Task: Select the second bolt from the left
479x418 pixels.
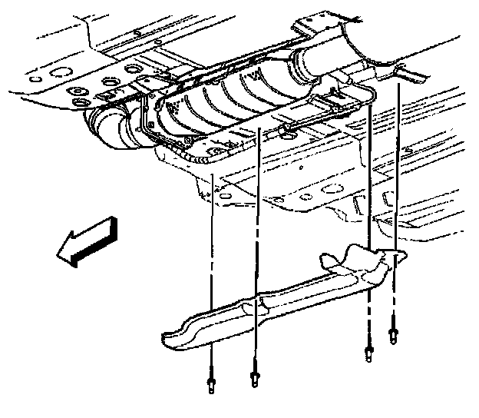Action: (253, 379)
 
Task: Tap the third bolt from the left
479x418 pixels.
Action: (368, 354)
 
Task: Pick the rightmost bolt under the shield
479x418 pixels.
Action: (395, 335)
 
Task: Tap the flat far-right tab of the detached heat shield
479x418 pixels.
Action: (396, 261)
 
